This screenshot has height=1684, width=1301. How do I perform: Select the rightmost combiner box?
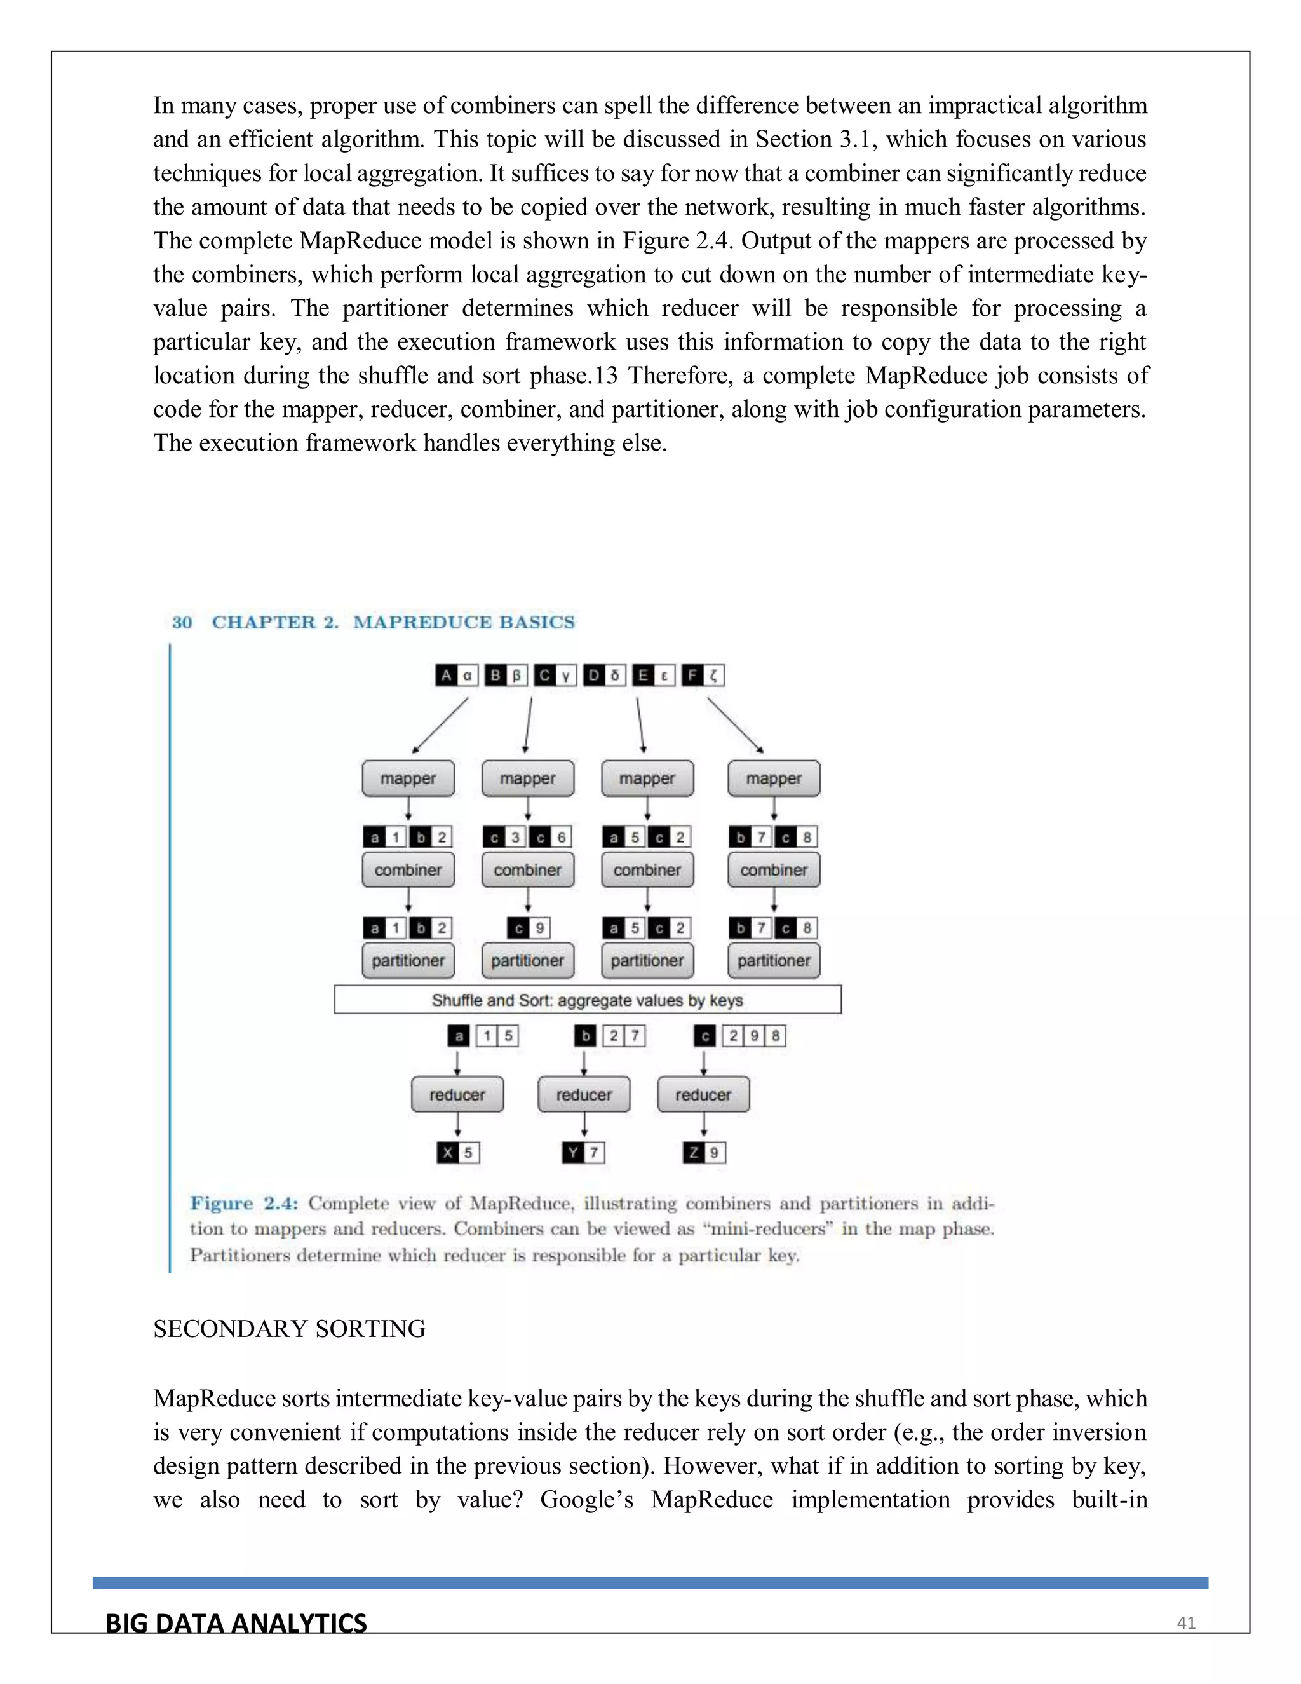click(x=773, y=870)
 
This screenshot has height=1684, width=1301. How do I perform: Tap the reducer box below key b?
click(x=583, y=1094)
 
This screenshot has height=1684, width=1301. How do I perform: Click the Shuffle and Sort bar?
click(x=588, y=1000)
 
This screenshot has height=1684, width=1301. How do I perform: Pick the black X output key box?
click(x=448, y=1153)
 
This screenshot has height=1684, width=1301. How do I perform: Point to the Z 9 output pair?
click(x=704, y=1153)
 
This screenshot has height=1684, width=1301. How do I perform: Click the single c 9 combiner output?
click(x=528, y=928)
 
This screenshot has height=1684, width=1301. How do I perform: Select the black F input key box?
click(x=692, y=676)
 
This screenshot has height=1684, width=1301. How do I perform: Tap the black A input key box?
click(x=445, y=676)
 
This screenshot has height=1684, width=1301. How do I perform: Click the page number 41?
click(x=1185, y=1623)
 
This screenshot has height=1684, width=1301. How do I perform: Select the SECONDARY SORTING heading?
click(x=289, y=1329)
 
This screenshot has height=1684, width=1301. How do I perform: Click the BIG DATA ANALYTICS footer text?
click(x=236, y=1623)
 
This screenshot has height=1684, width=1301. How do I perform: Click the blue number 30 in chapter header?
click(x=182, y=622)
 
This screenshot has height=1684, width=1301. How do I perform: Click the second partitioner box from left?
click(x=528, y=961)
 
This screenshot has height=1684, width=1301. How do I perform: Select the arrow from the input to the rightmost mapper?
click(x=734, y=725)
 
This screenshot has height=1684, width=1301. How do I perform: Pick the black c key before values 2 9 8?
click(x=704, y=1036)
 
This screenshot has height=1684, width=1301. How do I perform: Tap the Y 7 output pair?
click(x=583, y=1153)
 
